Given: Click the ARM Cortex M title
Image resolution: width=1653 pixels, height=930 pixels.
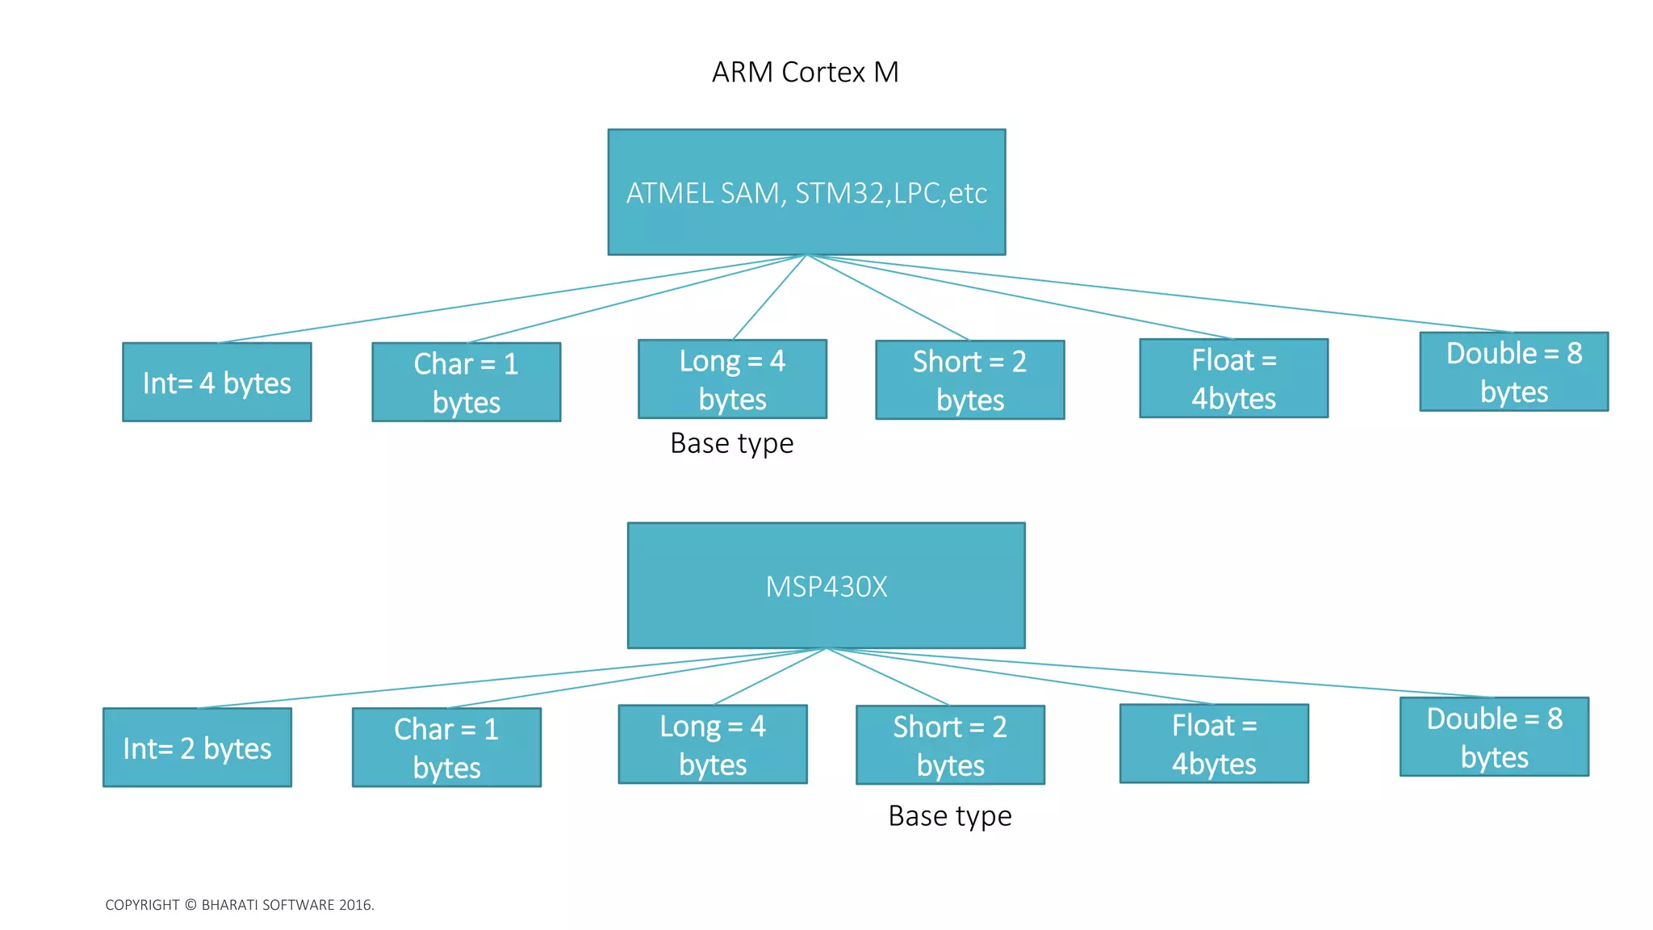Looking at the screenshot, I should click(805, 73).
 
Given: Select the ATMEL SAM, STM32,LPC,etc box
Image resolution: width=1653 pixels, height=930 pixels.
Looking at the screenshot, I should click(806, 192).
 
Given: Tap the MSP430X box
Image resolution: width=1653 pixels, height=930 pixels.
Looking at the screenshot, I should click(826, 585).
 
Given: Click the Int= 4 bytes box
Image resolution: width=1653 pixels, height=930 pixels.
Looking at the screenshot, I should click(216, 382).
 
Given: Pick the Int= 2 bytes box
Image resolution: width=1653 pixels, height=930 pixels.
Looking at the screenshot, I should click(197, 748).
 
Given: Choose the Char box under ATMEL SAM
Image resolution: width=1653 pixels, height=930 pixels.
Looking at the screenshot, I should click(466, 382).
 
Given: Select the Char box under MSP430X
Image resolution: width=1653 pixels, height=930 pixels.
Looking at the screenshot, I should click(446, 748).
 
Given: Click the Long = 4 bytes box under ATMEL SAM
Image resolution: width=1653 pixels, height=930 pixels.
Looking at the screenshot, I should click(732, 379).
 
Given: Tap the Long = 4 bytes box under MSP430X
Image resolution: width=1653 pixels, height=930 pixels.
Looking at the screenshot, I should click(713, 744).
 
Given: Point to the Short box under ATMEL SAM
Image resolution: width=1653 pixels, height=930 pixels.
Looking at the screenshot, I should click(969, 379).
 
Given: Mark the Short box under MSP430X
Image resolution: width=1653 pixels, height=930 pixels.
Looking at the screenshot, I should click(950, 745).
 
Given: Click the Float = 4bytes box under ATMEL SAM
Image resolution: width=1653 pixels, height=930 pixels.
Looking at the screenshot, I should click(1233, 378).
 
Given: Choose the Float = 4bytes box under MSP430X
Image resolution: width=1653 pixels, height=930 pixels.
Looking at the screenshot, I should click(1214, 744).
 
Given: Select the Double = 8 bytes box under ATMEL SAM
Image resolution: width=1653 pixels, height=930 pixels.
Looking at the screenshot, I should click(1513, 371).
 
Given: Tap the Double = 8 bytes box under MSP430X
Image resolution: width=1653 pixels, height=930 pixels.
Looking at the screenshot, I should click(1494, 737).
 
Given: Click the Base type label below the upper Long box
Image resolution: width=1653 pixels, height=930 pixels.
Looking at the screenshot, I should click(731, 443).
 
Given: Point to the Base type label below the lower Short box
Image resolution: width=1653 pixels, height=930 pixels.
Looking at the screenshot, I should click(949, 816).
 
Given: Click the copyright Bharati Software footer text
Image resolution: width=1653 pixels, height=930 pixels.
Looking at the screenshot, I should click(240, 905).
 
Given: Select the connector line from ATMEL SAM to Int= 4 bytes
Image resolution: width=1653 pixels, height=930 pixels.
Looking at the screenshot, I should click(512, 300).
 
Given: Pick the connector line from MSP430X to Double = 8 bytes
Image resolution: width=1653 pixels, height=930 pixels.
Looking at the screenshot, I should click(1160, 672).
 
